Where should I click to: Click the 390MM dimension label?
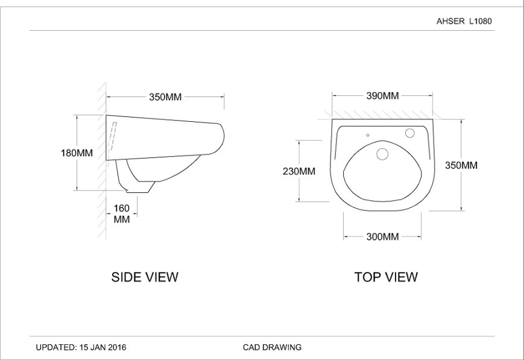click(x=382, y=96)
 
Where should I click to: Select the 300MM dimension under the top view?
click(x=382, y=236)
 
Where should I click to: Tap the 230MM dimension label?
click(x=299, y=171)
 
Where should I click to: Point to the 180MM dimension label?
click(x=77, y=153)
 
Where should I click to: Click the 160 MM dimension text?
click(x=122, y=213)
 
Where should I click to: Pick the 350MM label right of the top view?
click(x=461, y=165)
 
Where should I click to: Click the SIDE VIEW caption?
click(x=145, y=277)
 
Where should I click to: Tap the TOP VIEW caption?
click(x=386, y=277)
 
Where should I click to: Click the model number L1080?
click(x=481, y=21)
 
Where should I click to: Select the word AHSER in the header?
click(x=450, y=21)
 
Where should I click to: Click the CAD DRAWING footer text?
click(x=272, y=347)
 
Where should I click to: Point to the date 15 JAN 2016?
click(x=103, y=347)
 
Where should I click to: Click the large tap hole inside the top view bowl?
click(x=382, y=154)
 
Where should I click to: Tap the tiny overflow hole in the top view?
click(x=367, y=135)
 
